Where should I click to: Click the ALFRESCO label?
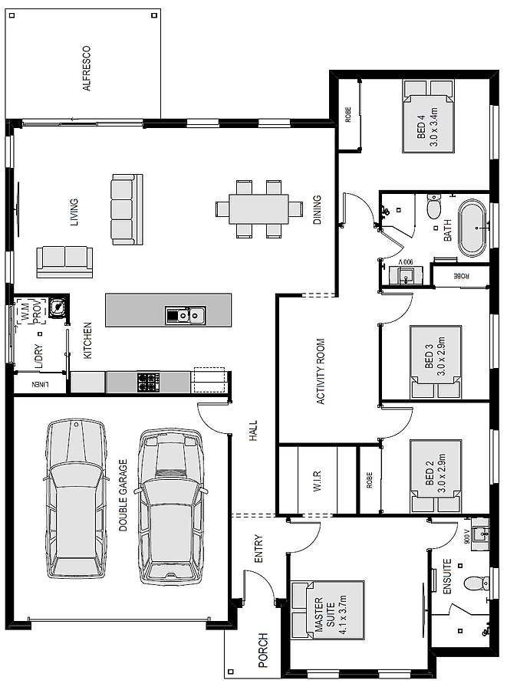pyautogui.click(x=87, y=68)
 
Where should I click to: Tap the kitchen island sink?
pyautogui.click(x=186, y=316)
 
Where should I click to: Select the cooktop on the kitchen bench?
pyautogui.click(x=148, y=382)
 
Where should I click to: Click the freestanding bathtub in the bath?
pyautogui.click(x=472, y=228)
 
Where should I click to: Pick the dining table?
pyautogui.click(x=258, y=209)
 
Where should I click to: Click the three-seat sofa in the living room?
pyautogui.click(x=127, y=209)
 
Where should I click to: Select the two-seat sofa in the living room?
pyautogui.click(x=64, y=262)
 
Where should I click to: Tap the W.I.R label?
pyautogui.click(x=318, y=481)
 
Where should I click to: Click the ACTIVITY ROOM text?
pyautogui.click(x=321, y=371)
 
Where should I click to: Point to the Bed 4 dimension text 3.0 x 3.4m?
pyautogui.click(x=433, y=127)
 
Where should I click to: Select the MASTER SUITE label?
pyautogui.click(x=324, y=614)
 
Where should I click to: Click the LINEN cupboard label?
pyautogui.click(x=40, y=384)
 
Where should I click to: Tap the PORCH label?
pyautogui.click(x=263, y=650)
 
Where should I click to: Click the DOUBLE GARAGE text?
pyautogui.click(x=123, y=495)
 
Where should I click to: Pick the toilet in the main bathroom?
pyautogui.click(x=433, y=207)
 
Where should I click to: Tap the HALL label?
pyautogui.click(x=253, y=431)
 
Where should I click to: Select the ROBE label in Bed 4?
pyautogui.click(x=348, y=115)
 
